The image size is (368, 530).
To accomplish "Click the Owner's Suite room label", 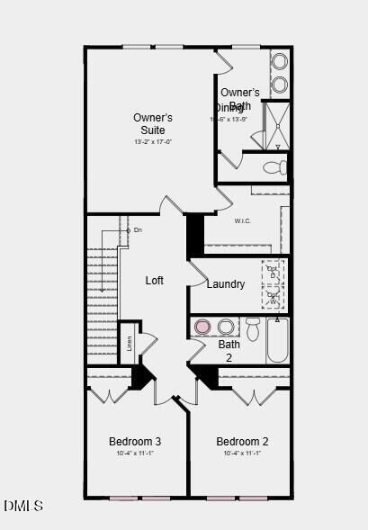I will pyautogui.click(x=153, y=124).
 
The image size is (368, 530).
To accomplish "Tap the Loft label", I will pyautogui.click(x=155, y=281).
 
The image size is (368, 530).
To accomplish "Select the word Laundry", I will pyautogui.click(x=225, y=284).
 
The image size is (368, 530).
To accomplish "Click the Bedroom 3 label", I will pyautogui.click(x=135, y=441).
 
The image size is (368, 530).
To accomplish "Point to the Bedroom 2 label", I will pyautogui.click(x=242, y=441).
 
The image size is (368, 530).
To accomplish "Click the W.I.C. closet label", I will pyautogui.click(x=242, y=221).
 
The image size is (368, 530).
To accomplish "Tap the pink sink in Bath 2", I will pyautogui.click(x=203, y=327).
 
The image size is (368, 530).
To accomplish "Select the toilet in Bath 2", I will pyautogui.click(x=253, y=329).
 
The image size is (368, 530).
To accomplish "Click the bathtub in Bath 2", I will pyautogui.click(x=277, y=339).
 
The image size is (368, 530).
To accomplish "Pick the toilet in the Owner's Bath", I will pyautogui.click(x=277, y=166).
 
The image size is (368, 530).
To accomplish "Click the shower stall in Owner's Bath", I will pyautogui.click(x=275, y=125).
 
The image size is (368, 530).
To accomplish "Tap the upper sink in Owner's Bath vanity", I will pyautogui.click(x=279, y=62).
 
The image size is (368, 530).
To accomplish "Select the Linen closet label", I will pyautogui.click(x=129, y=343).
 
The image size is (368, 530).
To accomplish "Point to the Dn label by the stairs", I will pyautogui.click(x=137, y=230).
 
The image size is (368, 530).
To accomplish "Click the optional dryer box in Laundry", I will pyautogui.click(x=273, y=272).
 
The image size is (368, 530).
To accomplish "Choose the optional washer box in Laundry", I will pyautogui.click(x=273, y=297).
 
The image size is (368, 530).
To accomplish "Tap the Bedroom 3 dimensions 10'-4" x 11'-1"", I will pyautogui.click(x=135, y=454).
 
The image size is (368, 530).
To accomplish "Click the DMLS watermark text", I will pyautogui.click(x=22, y=507).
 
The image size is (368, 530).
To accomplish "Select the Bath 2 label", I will pyautogui.click(x=229, y=350).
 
